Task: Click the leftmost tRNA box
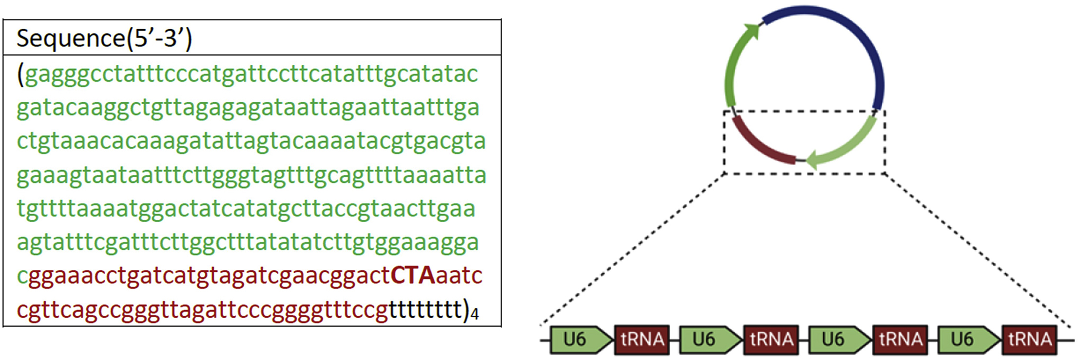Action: click(x=642, y=339)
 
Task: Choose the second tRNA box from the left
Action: click(x=771, y=339)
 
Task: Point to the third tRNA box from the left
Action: click(x=900, y=339)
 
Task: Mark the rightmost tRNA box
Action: click(x=1029, y=339)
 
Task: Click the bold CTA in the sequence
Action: click(x=412, y=276)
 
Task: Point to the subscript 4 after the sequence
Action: click(x=475, y=314)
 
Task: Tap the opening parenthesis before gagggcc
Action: click(x=20, y=75)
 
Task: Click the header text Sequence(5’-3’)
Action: click(x=104, y=38)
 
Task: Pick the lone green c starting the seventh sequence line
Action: click(x=22, y=277)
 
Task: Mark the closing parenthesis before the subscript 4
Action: click(x=466, y=309)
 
